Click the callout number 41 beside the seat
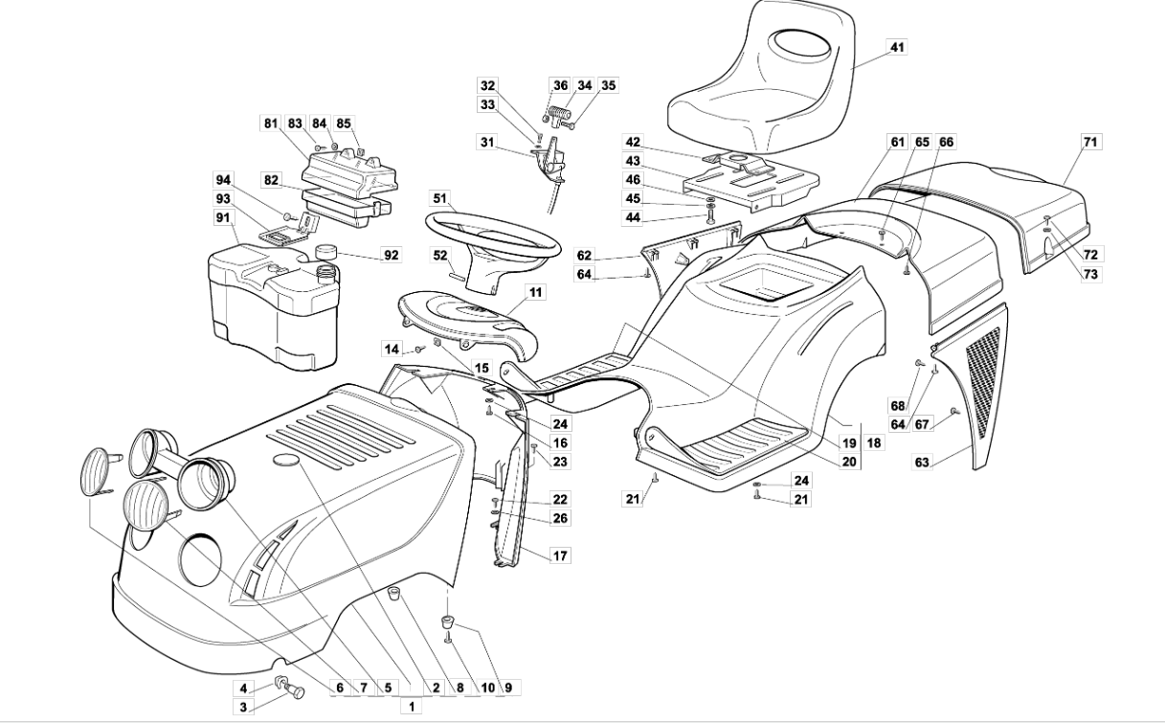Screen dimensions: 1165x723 click(897, 47)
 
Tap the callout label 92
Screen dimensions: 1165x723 click(392, 255)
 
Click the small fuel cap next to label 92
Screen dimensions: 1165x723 click(326, 251)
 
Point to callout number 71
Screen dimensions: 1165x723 click(1090, 142)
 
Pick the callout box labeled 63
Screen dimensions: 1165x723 click(922, 462)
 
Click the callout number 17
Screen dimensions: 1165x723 click(560, 555)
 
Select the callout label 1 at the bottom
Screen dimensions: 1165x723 click(412, 707)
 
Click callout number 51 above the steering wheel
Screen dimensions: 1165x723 click(440, 198)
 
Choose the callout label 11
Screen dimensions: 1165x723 click(535, 292)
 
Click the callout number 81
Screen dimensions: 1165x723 click(271, 124)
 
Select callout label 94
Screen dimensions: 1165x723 click(223, 180)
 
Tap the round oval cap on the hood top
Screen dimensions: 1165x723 click(286, 460)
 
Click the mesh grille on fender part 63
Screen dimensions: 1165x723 click(982, 381)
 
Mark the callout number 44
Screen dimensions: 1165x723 click(633, 217)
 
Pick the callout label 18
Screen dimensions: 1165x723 click(874, 442)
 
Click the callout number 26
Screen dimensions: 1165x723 click(560, 518)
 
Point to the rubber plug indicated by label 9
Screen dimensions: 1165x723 click(447, 621)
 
